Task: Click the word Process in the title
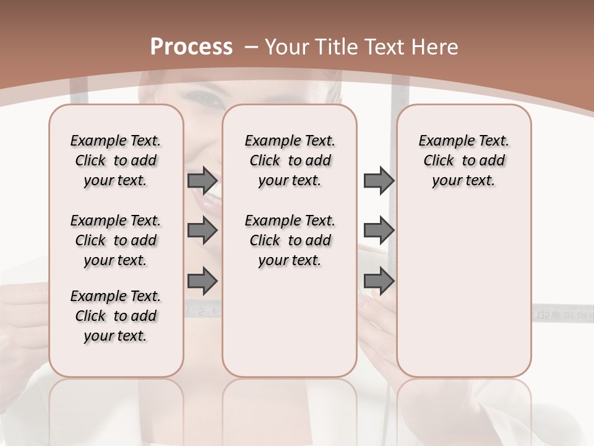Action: [191, 46]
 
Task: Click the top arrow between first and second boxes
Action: [202, 181]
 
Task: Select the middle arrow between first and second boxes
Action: [202, 231]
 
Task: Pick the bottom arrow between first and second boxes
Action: [202, 281]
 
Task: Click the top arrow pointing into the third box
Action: [379, 181]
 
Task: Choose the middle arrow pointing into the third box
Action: [379, 231]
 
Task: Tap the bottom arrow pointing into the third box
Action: [379, 281]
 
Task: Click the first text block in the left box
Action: [116, 160]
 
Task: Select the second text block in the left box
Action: [116, 240]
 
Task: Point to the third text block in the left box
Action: [116, 316]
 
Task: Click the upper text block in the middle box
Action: [290, 160]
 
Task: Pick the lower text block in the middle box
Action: [290, 240]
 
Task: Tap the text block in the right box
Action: [463, 160]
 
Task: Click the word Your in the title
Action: [288, 46]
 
